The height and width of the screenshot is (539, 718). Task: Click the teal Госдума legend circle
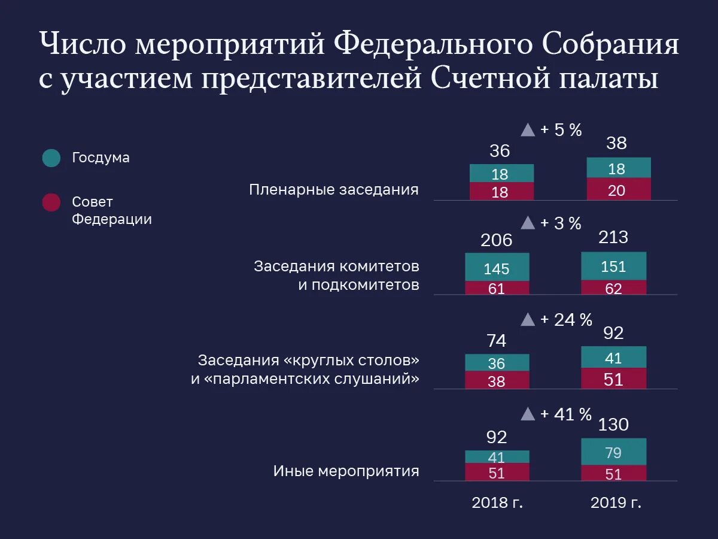pos(51,158)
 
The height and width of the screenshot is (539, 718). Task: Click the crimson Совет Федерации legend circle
pos(51,202)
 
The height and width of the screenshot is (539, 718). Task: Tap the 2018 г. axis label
pos(497,502)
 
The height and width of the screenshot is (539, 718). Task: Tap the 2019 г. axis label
pos(616,502)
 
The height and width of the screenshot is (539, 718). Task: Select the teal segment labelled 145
pos(497,267)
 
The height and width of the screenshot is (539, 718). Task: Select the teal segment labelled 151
pos(614,265)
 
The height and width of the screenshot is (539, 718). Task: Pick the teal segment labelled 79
pos(614,452)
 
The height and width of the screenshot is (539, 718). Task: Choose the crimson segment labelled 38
pos(497,380)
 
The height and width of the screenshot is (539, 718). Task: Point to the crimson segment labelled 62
pos(614,287)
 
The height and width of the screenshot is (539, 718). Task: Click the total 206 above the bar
pos(497,240)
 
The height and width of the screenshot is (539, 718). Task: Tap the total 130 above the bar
pos(614,425)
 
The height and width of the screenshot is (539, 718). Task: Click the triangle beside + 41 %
pos(528,414)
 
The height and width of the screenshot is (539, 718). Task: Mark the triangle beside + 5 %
pos(528,130)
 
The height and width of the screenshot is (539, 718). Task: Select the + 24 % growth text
pos(566,320)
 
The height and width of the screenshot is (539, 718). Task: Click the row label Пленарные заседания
pos(334,190)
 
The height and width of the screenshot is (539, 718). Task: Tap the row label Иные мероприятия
pos(346,471)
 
